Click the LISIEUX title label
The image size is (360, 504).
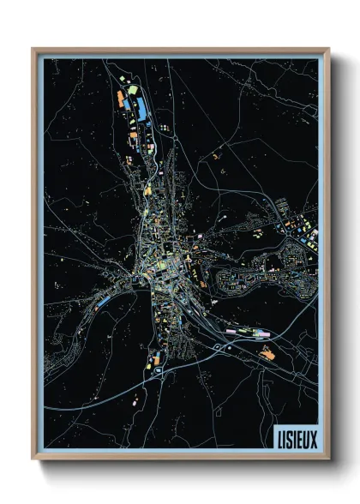point(295,436)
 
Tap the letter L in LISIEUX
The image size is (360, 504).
point(280,436)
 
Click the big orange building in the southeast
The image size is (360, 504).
point(268,352)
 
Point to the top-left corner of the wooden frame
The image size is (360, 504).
point(33,49)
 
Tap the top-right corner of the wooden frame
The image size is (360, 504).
point(328,49)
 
